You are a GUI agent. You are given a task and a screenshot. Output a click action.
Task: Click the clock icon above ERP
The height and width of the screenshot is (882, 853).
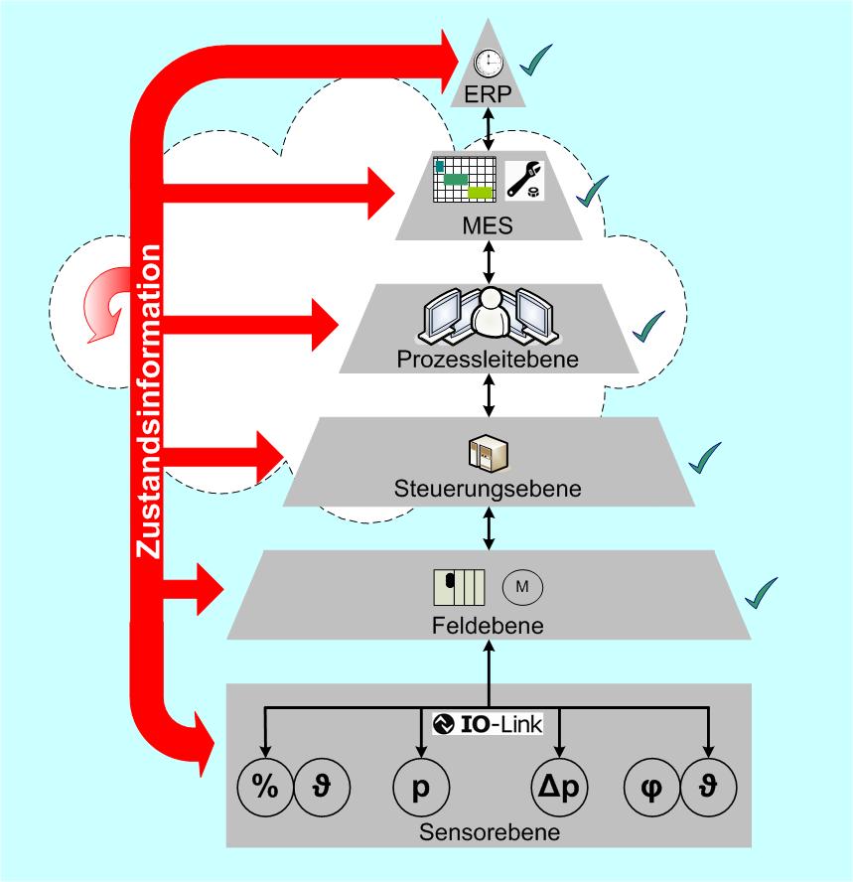[x=489, y=63]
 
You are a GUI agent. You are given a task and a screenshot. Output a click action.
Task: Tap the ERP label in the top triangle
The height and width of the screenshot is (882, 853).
[x=488, y=94]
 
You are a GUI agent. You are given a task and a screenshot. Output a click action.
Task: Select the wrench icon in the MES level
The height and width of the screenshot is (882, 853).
[x=524, y=180]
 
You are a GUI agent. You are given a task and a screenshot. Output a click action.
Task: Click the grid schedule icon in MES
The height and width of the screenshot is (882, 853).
[x=465, y=179]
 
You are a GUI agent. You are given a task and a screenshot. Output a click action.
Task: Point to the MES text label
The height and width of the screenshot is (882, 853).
[x=488, y=225]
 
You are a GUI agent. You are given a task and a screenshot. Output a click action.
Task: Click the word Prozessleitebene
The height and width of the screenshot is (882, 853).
[x=488, y=359]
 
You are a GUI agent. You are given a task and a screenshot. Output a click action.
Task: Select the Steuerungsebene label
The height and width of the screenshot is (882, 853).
[x=488, y=489]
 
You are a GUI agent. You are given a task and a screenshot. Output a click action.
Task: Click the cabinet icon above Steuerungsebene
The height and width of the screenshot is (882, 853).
[x=489, y=453]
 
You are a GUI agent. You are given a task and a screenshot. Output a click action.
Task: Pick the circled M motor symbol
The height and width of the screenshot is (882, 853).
[x=522, y=587]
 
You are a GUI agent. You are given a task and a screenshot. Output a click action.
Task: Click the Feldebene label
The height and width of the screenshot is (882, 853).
[x=488, y=626]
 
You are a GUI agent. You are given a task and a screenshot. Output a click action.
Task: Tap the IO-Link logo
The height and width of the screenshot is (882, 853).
[x=488, y=723]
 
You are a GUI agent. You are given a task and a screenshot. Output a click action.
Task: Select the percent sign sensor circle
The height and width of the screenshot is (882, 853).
[x=265, y=787]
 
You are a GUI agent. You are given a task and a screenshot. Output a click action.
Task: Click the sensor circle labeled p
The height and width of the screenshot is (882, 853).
[x=421, y=787]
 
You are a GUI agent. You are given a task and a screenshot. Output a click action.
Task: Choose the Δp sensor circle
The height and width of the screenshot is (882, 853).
[x=559, y=787]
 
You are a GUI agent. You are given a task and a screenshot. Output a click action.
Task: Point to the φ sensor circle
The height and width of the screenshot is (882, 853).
[x=652, y=787]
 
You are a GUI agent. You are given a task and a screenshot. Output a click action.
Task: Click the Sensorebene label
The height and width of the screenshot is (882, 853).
[x=490, y=832]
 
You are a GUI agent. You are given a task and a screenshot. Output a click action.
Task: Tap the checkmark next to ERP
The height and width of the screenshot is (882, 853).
[x=536, y=60]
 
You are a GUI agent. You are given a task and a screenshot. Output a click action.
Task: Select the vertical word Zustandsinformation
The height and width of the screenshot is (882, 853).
[x=148, y=401]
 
